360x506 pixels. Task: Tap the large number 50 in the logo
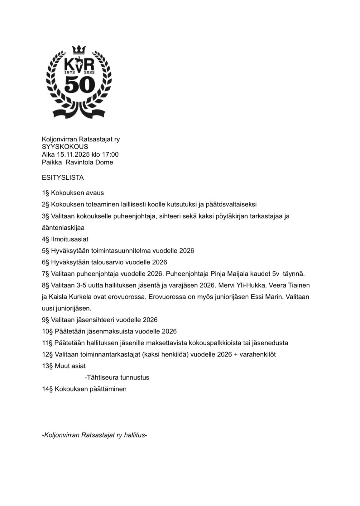tap(79, 85)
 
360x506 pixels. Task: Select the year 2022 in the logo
tap(89, 72)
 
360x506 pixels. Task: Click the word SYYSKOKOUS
tap(65, 147)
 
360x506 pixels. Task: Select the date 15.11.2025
tap(73, 154)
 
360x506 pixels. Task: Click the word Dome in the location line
tap(104, 162)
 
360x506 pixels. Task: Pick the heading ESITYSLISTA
tap(63, 177)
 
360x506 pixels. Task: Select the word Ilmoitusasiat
tap(70, 239)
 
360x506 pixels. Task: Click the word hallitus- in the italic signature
tap(135, 435)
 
